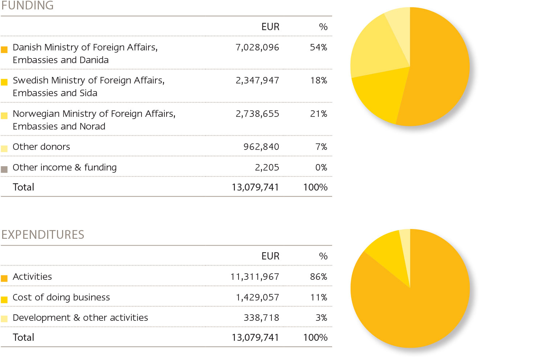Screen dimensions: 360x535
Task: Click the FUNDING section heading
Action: click(x=28, y=5)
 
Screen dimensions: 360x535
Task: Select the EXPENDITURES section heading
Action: click(x=43, y=235)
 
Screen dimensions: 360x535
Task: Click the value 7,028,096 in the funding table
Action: click(x=257, y=48)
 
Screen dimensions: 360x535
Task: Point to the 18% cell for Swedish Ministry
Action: click(x=319, y=81)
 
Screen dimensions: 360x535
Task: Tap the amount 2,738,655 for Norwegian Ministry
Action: click(x=257, y=114)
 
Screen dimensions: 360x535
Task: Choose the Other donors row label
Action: click(x=41, y=147)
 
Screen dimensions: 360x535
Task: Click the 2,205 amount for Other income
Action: click(x=267, y=168)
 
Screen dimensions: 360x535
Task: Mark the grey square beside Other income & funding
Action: click(x=4, y=169)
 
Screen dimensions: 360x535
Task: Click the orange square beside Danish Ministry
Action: click(x=4, y=50)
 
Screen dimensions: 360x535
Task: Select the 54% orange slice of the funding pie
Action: click(x=439, y=69)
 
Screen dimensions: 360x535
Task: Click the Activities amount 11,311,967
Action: click(x=255, y=277)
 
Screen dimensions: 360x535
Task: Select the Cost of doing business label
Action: click(x=61, y=298)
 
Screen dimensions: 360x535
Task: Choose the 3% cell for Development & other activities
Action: click(x=321, y=318)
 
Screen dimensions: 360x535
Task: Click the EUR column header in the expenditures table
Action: click(x=270, y=256)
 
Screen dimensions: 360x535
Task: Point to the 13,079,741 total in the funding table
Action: click(x=255, y=187)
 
